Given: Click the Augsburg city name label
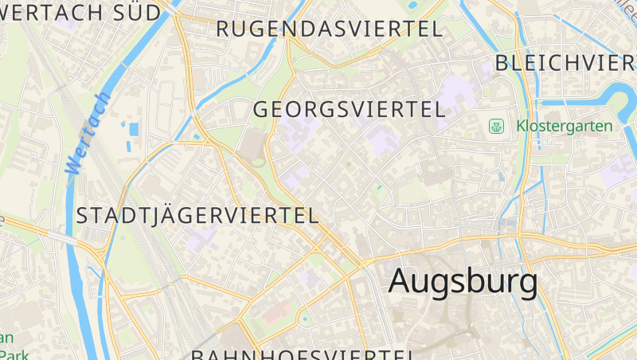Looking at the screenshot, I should (x=463, y=282).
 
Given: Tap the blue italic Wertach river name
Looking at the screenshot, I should (x=88, y=133).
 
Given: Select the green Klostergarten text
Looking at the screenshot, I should (x=565, y=126).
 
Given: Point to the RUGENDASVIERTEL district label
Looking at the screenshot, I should (x=329, y=29).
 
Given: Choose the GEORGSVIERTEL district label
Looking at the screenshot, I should (x=349, y=109).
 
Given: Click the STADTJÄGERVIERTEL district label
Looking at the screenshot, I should (x=197, y=215).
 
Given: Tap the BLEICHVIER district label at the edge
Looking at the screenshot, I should (x=565, y=64).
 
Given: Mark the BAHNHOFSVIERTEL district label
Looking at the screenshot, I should (x=303, y=354).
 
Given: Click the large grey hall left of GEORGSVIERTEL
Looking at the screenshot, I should (x=252, y=147).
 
